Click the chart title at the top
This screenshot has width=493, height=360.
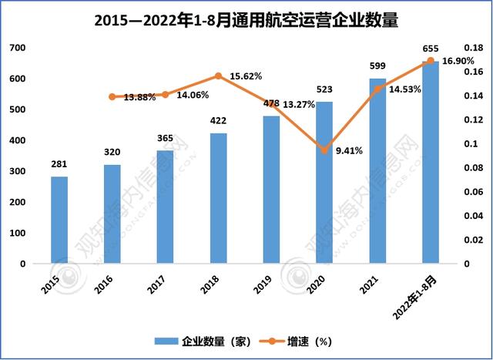click(x=246, y=21)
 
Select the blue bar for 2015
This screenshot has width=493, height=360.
click(x=59, y=220)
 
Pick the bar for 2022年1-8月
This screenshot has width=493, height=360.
click(x=430, y=163)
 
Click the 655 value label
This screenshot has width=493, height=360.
click(x=431, y=49)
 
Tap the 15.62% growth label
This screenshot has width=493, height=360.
click(x=246, y=76)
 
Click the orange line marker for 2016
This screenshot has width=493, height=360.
click(x=112, y=97)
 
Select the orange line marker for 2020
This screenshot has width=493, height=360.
click(x=324, y=150)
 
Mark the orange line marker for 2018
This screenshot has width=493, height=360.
click(x=218, y=76)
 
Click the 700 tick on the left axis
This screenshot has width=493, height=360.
click(x=17, y=48)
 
